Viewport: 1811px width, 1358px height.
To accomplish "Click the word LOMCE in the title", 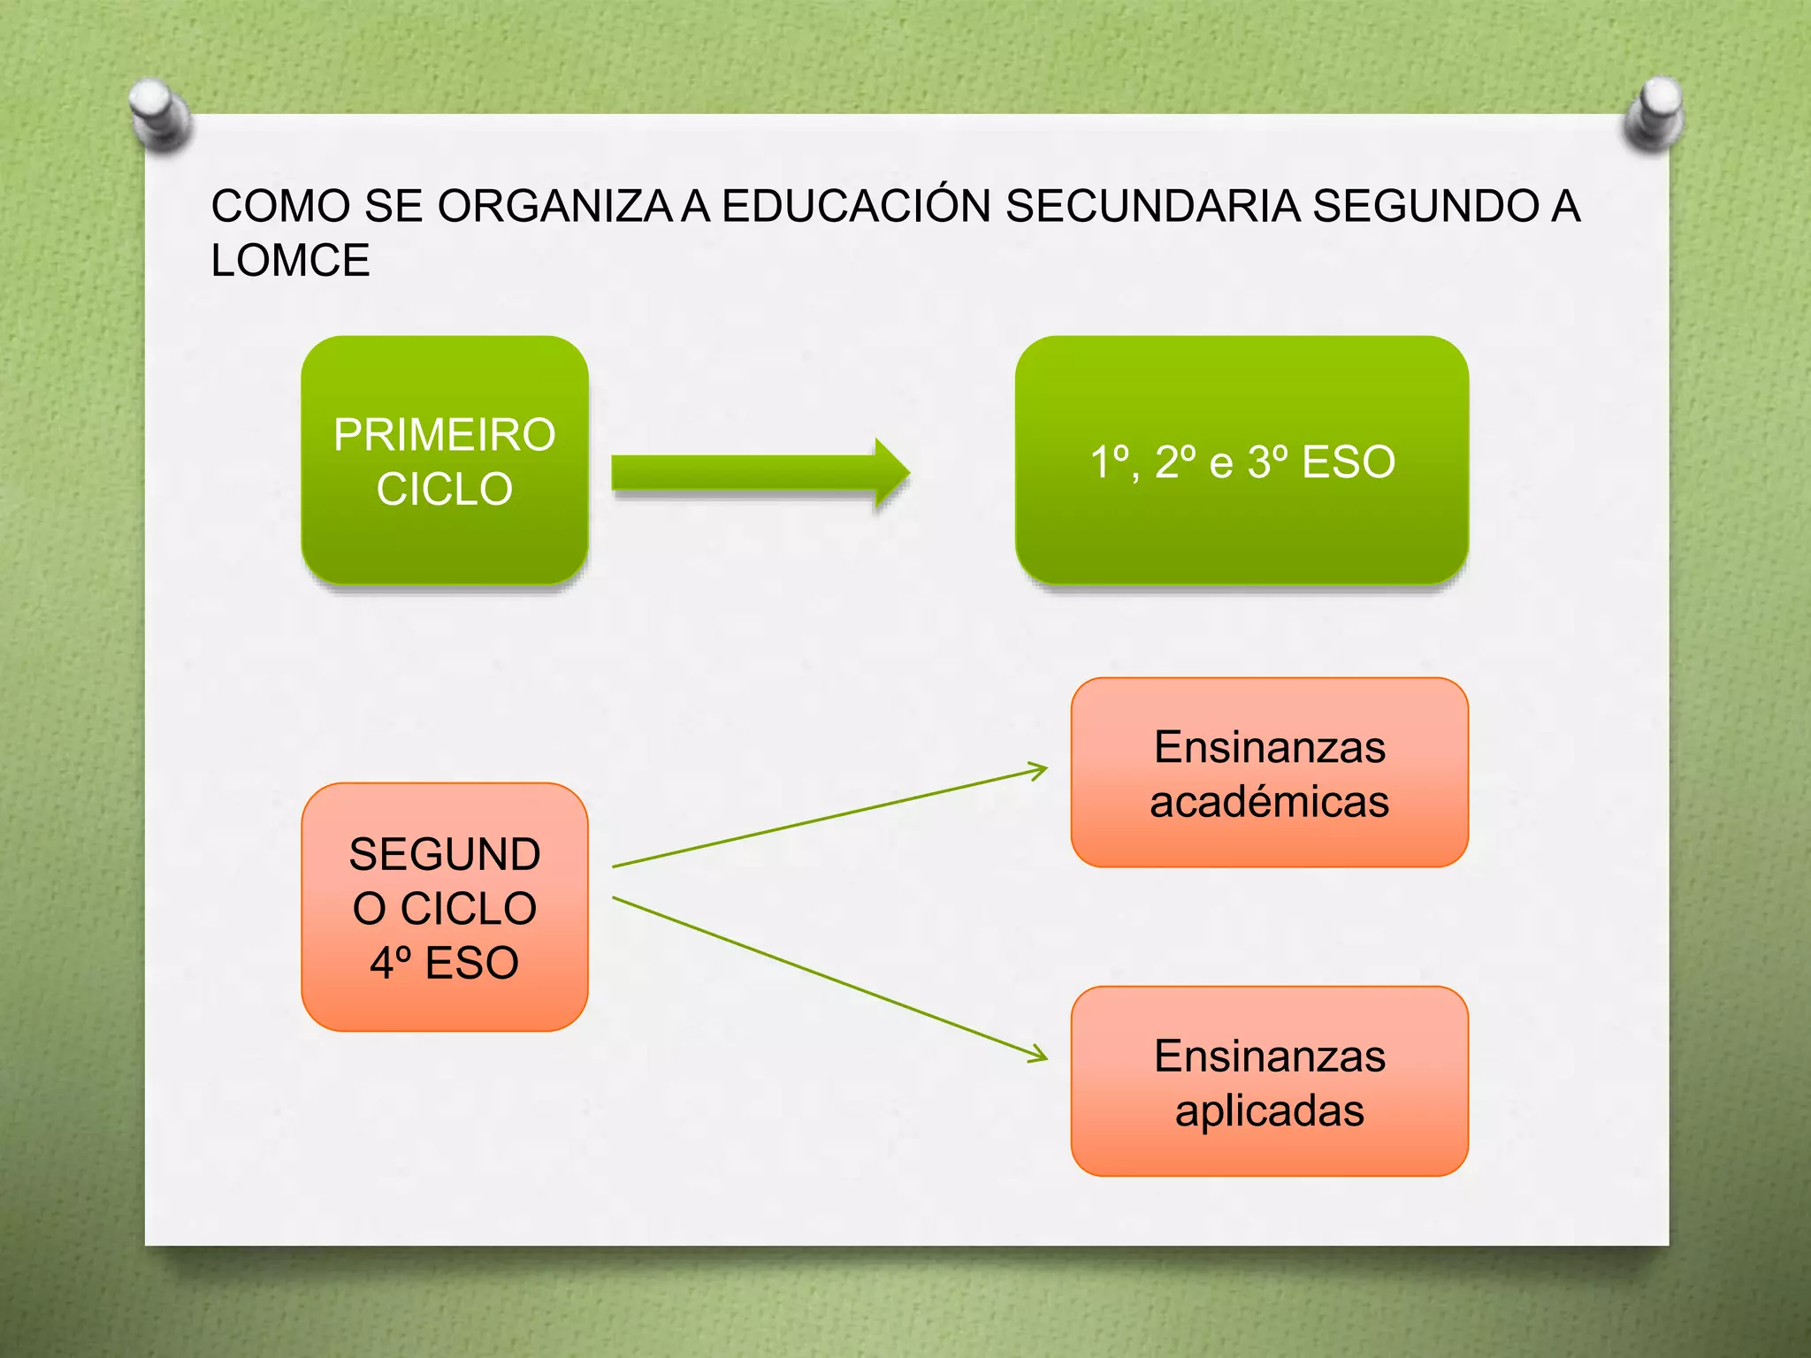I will (290, 261).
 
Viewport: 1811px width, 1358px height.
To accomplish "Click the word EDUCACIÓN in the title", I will (856, 206).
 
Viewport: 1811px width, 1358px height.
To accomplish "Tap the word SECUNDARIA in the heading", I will (1153, 206).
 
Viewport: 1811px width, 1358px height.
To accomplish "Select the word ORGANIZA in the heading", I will (555, 206).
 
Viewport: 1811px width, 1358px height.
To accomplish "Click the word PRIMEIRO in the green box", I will (444, 435).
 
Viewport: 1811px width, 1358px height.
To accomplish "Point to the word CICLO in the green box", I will (444, 490).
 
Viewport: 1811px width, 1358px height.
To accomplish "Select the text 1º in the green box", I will (1110, 462).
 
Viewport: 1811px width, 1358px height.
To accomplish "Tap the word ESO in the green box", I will (1349, 462).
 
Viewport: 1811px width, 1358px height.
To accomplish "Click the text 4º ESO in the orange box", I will (444, 963).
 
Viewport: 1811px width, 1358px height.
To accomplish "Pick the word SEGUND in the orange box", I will (444, 855).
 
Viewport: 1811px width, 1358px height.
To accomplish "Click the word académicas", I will (1269, 802).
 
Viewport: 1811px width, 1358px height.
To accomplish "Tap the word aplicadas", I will (1269, 1110).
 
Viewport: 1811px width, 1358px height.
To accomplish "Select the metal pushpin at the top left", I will (159, 113).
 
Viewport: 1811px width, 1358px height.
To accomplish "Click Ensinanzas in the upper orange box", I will (1269, 748).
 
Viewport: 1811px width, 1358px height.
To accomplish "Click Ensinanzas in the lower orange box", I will (1269, 1057).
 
